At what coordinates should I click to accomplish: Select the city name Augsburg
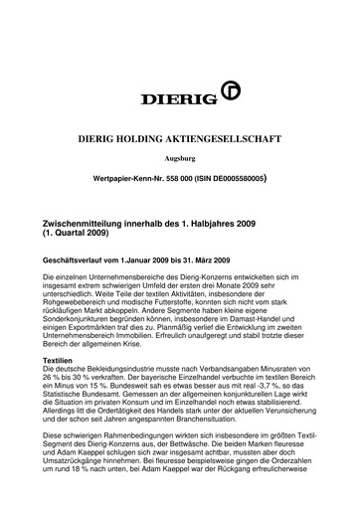(179, 156)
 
